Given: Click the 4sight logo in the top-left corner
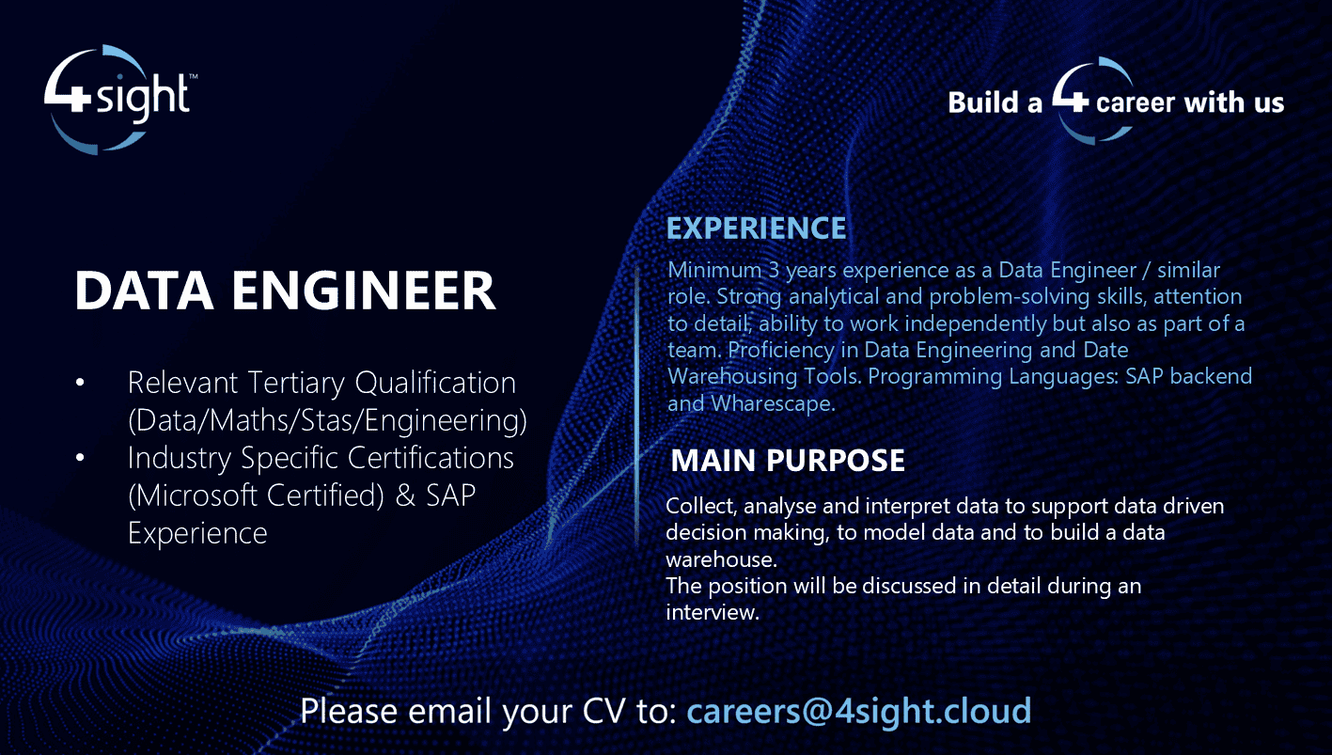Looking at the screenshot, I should pyautogui.click(x=119, y=99).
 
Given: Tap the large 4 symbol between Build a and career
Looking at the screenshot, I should pyautogui.click(x=1069, y=99).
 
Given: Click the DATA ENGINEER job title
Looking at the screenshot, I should pyautogui.click(x=285, y=291).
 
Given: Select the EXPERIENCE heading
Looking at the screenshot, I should pyautogui.click(x=756, y=228).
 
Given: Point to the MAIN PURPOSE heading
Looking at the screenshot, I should pyautogui.click(x=788, y=461).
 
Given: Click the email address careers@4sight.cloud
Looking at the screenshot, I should pyautogui.click(x=858, y=711).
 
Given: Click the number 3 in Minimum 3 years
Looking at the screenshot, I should pyautogui.click(x=774, y=271).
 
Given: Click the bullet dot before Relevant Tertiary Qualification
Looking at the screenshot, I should pyautogui.click(x=80, y=383).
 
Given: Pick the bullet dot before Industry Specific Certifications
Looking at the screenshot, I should pyautogui.click(x=80, y=458).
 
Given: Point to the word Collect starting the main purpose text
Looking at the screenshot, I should pyautogui.click(x=701, y=506).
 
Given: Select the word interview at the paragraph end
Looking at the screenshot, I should pyautogui.click(x=710, y=612).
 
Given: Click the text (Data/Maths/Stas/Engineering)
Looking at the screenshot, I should pyautogui.click(x=326, y=420).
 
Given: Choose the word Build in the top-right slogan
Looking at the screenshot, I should pyautogui.click(x=984, y=102).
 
